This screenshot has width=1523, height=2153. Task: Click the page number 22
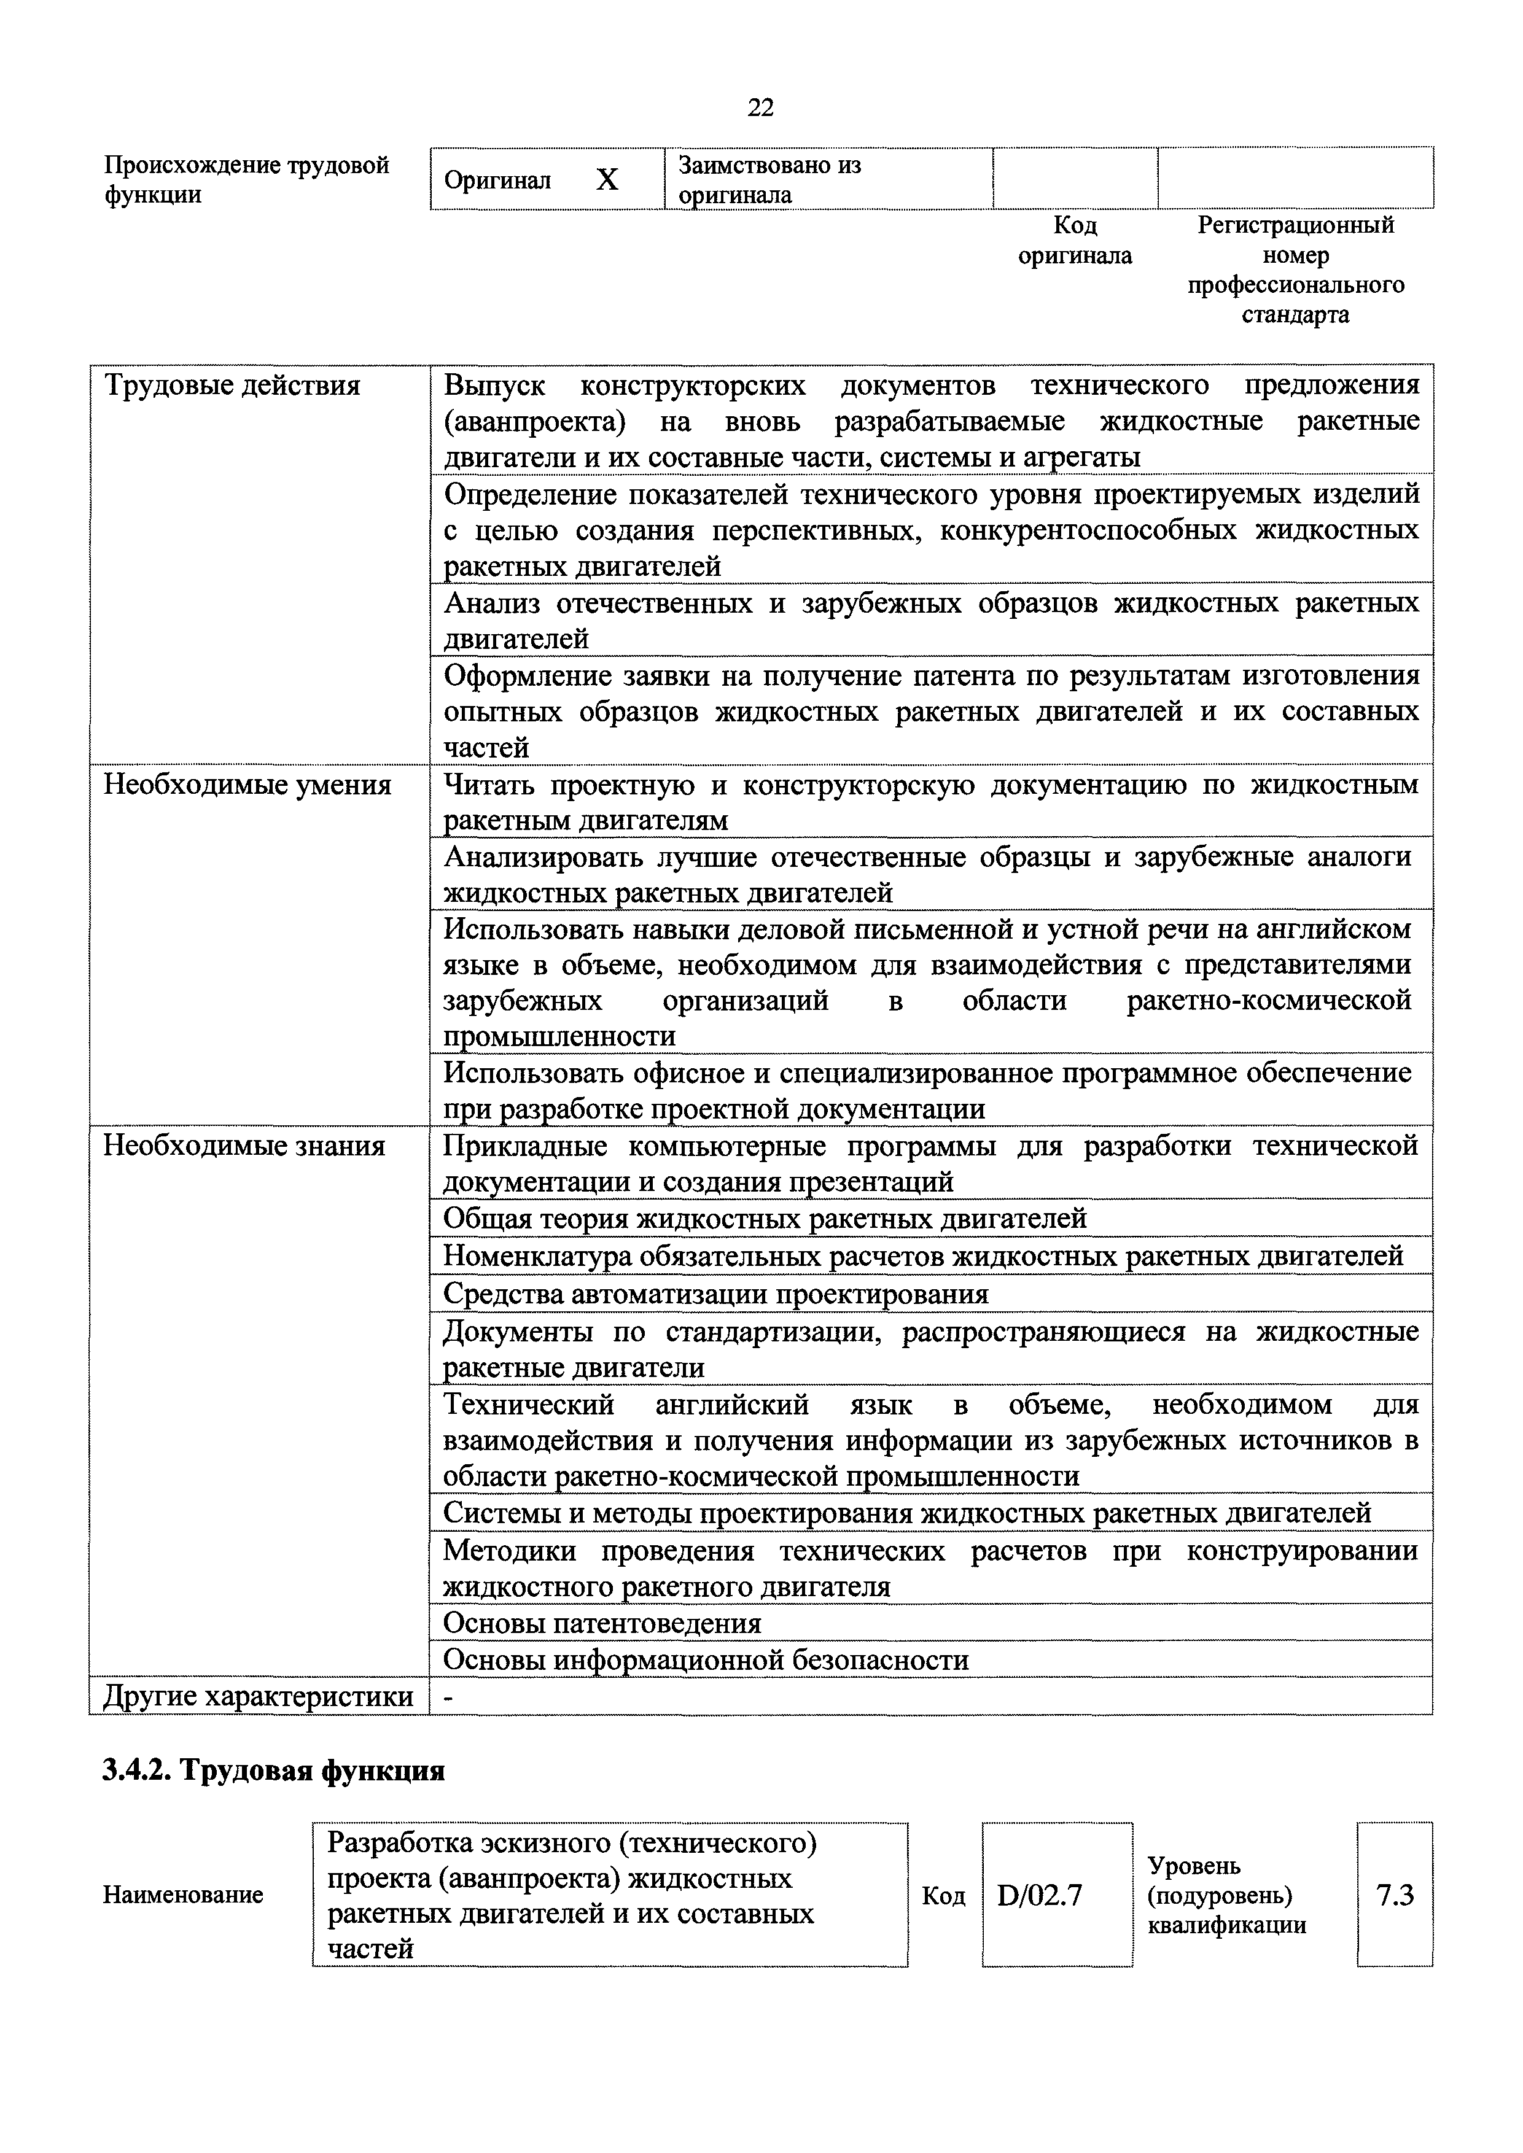click(x=760, y=108)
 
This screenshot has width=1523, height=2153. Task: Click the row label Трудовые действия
click(x=232, y=386)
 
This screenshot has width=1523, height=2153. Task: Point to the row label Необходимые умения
click(x=247, y=784)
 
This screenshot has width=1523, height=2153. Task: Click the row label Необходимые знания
click(x=244, y=1146)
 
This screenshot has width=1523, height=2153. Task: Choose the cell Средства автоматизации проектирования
click(x=715, y=1294)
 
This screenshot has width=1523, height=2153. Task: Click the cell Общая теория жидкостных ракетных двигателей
click(x=765, y=1219)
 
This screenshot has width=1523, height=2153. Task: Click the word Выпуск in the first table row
click(x=494, y=386)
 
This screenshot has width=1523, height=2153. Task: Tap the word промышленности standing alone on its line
click(x=559, y=1036)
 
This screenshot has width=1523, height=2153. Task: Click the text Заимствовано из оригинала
click(x=769, y=180)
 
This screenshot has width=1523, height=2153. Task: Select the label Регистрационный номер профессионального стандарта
click(x=1296, y=269)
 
